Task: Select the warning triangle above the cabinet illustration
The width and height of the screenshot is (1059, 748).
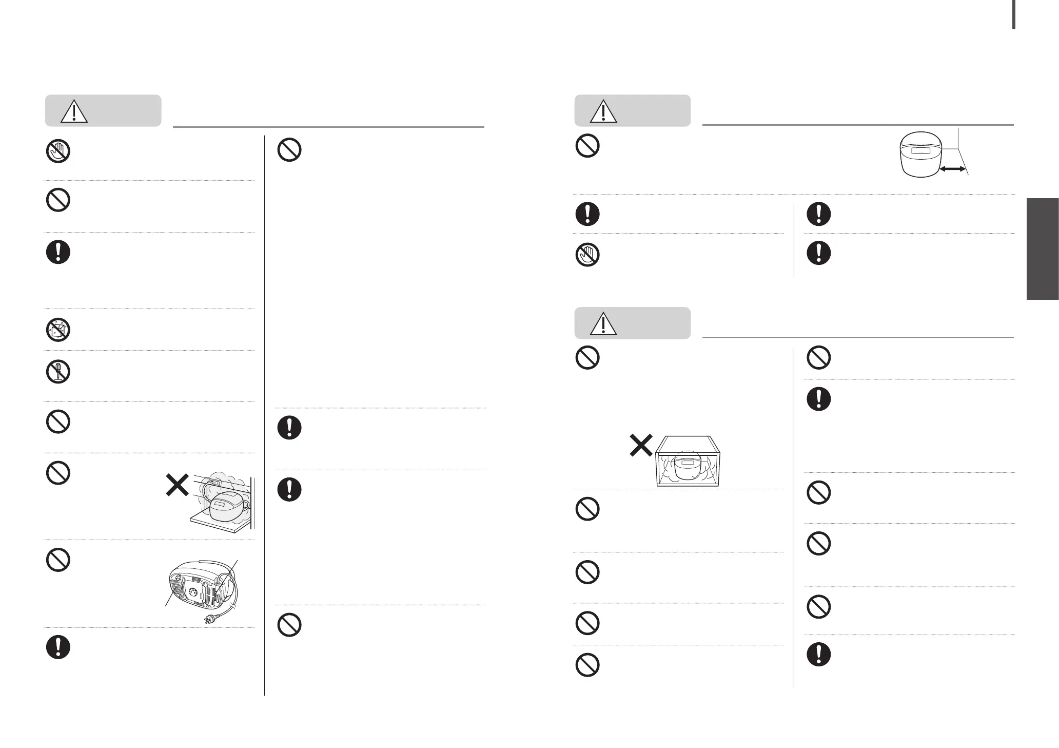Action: coord(603,324)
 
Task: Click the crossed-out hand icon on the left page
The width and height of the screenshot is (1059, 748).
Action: coord(58,152)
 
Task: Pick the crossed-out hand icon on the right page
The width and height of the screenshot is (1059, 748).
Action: coord(587,255)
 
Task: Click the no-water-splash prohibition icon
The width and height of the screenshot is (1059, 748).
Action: coord(58,330)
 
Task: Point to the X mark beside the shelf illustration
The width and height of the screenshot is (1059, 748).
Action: coord(176,485)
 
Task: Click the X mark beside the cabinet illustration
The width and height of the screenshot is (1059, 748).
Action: coord(641,445)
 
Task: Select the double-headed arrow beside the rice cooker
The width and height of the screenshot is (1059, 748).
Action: coord(952,169)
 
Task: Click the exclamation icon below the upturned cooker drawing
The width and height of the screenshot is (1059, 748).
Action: coord(58,647)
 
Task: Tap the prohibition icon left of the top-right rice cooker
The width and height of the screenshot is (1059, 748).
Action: coord(587,146)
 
